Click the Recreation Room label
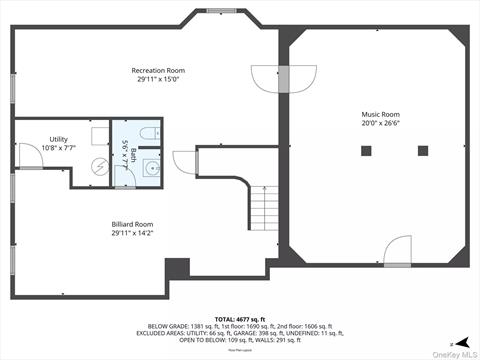pos(158,70)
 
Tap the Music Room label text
pos(379,115)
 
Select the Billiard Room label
pos(134,226)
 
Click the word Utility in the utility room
pos(59,139)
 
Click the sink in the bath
pos(151,167)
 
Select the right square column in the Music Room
pos(423,151)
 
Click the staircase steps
pos(262,209)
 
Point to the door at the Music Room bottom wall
pos(398,251)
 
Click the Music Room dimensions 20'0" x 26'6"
pos(380,125)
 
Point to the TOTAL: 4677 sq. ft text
pos(240,318)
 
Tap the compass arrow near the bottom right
pos(450,341)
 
